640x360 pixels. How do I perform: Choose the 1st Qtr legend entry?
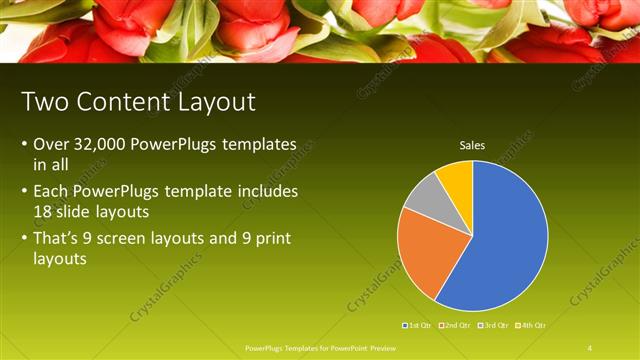[x=417, y=325]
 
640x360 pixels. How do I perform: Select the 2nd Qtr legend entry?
[x=456, y=325]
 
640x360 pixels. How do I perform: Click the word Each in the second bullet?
[x=51, y=190]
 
